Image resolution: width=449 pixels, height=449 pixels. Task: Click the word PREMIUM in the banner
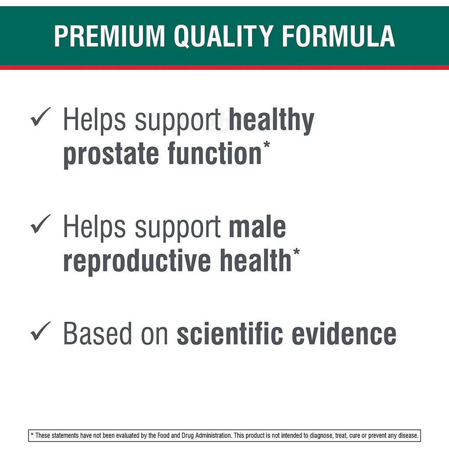(109, 36)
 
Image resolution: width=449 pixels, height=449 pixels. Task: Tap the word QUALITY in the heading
(224, 36)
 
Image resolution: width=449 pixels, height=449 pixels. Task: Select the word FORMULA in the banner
(339, 36)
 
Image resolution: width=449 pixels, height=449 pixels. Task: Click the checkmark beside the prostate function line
(40, 117)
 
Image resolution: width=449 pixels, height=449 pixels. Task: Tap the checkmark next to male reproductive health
(40, 224)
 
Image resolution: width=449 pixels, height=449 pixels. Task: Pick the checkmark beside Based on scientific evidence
(40, 331)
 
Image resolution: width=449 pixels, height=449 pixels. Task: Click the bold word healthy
(271, 121)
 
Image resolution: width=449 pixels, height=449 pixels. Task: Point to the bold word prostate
(111, 155)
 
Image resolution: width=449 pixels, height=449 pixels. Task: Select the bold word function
(215, 153)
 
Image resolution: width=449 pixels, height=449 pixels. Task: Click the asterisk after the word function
(267, 144)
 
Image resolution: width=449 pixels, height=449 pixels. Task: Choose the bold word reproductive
(137, 261)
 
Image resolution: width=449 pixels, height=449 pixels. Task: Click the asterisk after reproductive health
(296, 252)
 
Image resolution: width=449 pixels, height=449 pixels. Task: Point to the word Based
(97, 333)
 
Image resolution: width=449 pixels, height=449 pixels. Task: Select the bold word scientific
(230, 333)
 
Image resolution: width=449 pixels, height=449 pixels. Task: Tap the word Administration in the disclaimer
(214, 435)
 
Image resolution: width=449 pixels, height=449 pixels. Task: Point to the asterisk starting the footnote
(32, 435)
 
